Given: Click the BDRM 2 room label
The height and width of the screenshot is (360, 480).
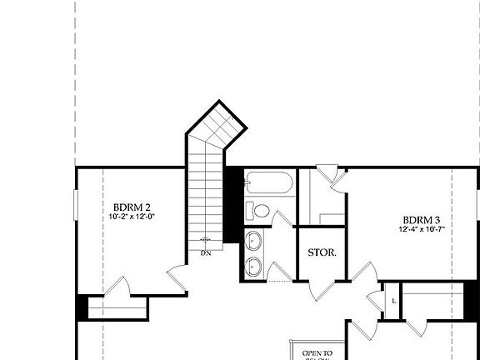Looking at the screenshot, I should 132,207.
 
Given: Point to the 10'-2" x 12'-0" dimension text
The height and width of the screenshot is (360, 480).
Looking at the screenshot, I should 132,217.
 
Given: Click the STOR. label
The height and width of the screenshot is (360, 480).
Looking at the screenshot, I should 322,252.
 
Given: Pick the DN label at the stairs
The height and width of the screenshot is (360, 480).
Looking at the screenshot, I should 205,252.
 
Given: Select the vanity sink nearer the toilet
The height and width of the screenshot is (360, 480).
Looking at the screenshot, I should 256,242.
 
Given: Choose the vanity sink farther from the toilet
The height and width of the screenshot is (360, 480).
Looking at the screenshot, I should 256,267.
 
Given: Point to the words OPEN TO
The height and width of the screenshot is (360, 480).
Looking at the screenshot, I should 317,352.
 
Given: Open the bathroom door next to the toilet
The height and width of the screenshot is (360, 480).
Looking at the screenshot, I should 282,219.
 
